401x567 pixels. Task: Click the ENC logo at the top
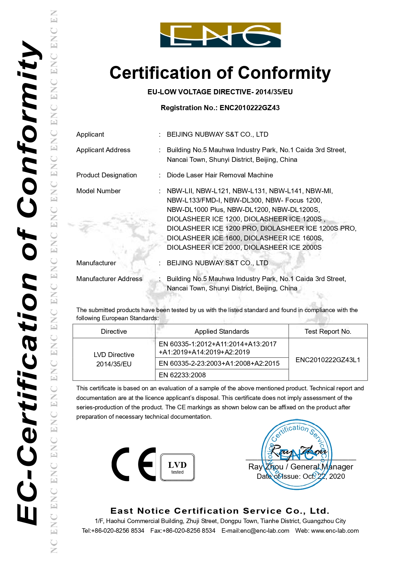pos(221,35)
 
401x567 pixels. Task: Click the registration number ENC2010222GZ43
pos(249,108)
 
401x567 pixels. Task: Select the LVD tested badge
pos(178,467)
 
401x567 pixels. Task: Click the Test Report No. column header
pos(328,331)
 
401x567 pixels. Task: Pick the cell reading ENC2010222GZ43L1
pos(328,360)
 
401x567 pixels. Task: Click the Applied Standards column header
pos(222,331)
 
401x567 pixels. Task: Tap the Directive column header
pos(114,331)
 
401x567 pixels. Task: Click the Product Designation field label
pos(106,175)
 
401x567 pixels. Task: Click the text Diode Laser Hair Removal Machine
pos(220,175)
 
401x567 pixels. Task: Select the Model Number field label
pos(98,191)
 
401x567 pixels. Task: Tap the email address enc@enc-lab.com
pos(265,531)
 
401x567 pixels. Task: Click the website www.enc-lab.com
pos(335,531)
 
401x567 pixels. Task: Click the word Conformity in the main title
pos(284,73)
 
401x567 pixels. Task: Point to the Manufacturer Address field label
pos(109,279)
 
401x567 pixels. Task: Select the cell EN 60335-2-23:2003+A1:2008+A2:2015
pos(219,363)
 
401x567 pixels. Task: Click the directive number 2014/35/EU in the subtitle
pos(274,92)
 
